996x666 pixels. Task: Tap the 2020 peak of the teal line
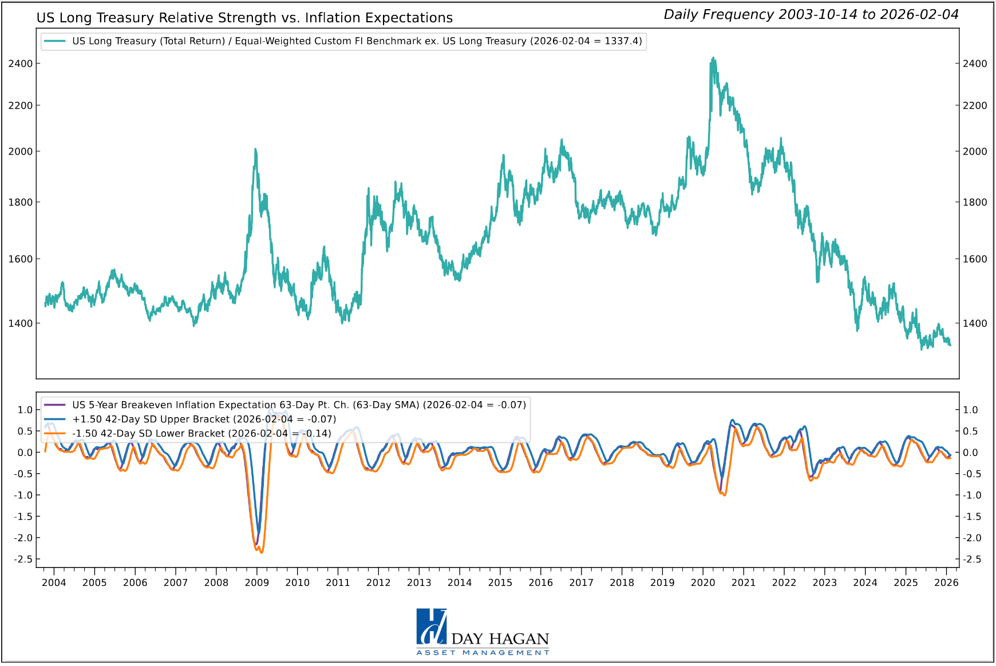tap(713, 58)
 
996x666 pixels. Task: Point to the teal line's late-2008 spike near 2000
tap(255, 150)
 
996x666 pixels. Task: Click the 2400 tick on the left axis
tap(21, 64)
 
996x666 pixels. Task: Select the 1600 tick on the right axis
tap(974, 259)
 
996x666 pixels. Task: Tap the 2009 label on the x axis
tap(256, 582)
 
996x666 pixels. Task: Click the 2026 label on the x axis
tap(946, 582)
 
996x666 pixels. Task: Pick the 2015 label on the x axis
tap(500, 582)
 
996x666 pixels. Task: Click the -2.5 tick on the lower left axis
tap(25, 559)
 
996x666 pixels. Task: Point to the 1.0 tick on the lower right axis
tap(970, 410)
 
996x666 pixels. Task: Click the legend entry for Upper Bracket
tap(204, 419)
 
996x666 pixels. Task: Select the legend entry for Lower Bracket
tap(201, 433)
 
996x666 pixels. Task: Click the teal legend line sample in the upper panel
tap(55, 41)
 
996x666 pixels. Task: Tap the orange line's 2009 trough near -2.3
tap(262, 552)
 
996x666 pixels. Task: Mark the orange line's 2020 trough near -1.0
tap(725, 495)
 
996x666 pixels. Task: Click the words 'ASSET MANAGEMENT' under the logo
tap(483, 653)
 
